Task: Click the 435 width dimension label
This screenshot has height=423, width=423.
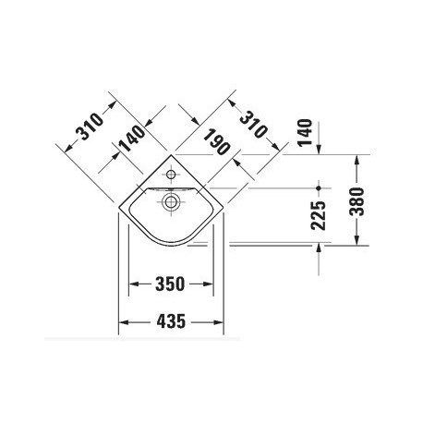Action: (171, 321)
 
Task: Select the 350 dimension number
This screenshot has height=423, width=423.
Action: (170, 284)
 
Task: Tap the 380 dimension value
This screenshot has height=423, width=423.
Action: (357, 201)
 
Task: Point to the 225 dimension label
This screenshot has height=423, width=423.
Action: (318, 215)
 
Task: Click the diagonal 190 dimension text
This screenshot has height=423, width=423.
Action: (216, 141)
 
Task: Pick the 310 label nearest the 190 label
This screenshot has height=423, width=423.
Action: (252, 124)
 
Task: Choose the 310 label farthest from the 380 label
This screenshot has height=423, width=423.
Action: (90, 127)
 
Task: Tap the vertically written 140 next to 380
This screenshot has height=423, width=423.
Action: (305, 132)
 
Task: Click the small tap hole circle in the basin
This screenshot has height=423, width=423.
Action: (171, 175)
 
